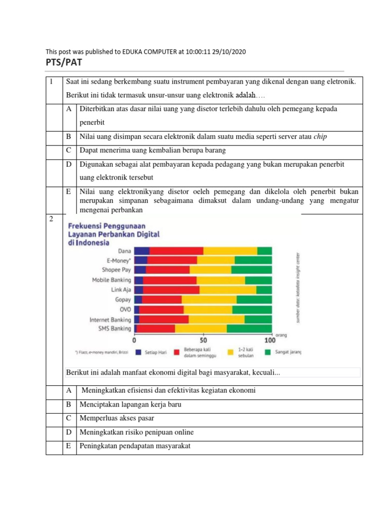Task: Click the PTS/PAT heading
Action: pyautogui.click(x=64, y=63)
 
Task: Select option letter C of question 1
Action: pyautogui.click(x=68, y=151)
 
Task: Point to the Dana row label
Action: pyautogui.click(x=124, y=250)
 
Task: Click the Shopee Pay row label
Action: pyautogui.click(x=116, y=270)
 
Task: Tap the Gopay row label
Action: pyautogui.click(x=123, y=300)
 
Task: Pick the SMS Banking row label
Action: pyautogui.click(x=114, y=328)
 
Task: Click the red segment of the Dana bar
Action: pyautogui.click(x=176, y=250)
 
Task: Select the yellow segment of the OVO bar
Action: pyautogui.click(x=208, y=309)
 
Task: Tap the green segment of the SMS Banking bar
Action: pyautogui.click(x=249, y=328)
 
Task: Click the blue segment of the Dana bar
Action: pyautogui.click(x=142, y=250)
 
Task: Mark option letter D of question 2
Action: pyautogui.click(x=68, y=432)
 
